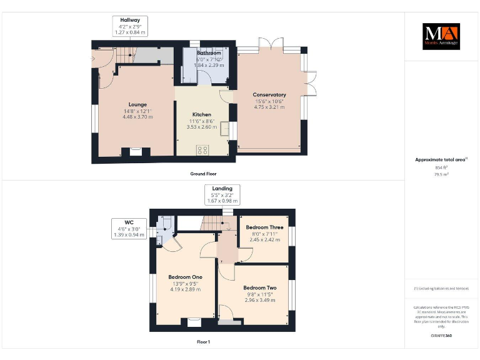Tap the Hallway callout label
pos(130,20)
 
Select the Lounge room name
pos(137,104)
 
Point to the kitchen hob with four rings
pos(202,149)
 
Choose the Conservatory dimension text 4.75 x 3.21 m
pos(269,107)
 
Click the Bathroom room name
pos(208,53)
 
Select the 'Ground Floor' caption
pos(203,174)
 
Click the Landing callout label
pos(222,188)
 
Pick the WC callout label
pos(129,222)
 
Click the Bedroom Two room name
pos(259,288)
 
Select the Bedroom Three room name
pos(264,227)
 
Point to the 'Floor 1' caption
pos(203,342)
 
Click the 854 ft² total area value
pos(441,167)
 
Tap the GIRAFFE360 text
pos(441,336)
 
